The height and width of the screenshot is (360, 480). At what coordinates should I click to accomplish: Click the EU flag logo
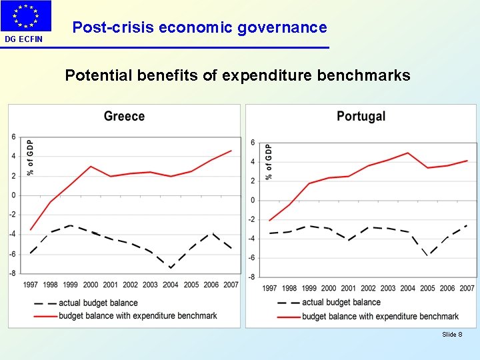26,16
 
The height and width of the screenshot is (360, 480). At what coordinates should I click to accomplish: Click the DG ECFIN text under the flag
23,39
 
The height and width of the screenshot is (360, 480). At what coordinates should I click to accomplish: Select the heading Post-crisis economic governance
199,28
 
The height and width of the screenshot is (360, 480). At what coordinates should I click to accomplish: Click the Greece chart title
124,116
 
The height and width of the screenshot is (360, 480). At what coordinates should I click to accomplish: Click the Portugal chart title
361,116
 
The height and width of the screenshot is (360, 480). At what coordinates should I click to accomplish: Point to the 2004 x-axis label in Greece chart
171,285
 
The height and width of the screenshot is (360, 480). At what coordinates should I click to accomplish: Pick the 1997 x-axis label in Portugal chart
269,288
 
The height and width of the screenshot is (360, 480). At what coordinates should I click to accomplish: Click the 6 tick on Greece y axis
14,137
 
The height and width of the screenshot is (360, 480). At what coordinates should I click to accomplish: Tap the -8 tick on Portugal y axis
252,277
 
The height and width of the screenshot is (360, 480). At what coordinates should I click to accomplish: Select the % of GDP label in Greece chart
30,157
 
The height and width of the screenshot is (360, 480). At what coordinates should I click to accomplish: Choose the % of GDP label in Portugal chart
269,162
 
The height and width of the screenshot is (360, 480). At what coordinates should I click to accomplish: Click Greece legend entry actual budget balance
98,303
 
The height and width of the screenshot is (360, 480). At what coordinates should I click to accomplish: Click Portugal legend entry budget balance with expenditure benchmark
380,316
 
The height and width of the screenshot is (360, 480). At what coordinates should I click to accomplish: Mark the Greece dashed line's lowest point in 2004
171,268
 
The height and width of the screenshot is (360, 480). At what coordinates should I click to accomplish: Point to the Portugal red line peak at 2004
407,153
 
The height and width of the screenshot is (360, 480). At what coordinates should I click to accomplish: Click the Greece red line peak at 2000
91,166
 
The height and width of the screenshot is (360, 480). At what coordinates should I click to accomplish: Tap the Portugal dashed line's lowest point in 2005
427,255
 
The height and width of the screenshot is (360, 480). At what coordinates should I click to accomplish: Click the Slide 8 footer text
452,334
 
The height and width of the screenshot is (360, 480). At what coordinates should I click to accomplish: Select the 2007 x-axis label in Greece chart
231,285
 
